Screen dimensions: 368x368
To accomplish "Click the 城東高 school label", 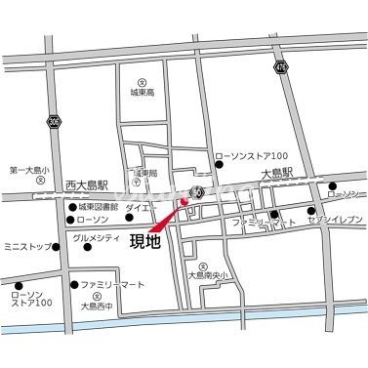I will click(x=143, y=94).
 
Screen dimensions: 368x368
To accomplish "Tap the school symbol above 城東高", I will click(x=142, y=82).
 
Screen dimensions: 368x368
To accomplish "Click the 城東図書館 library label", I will click(x=99, y=207).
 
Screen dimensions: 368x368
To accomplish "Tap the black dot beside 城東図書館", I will click(x=71, y=207).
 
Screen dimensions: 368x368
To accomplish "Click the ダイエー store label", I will click(x=140, y=207).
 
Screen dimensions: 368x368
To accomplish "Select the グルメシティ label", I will click(x=99, y=237).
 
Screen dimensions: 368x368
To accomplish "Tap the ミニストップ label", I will click(x=26, y=245).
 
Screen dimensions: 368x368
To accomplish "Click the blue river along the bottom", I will click(x=195, y=314).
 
